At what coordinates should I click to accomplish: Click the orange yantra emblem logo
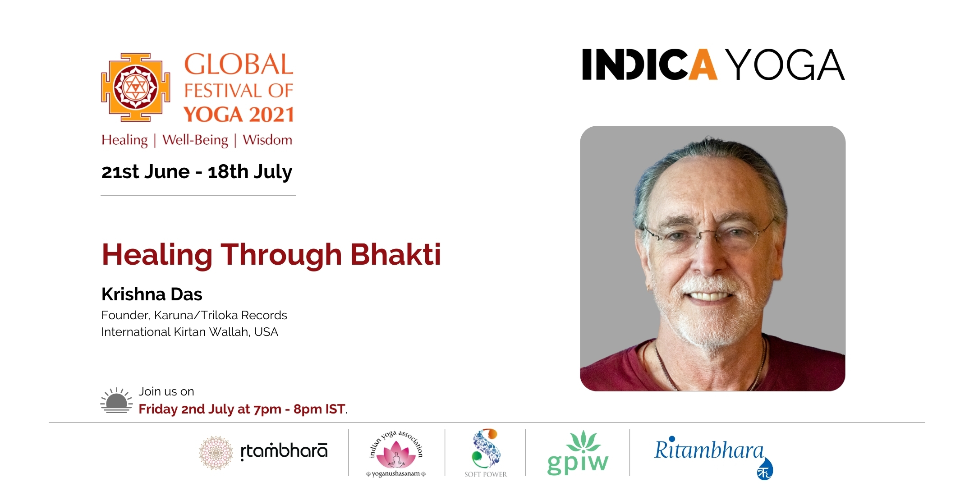(x=135, y=87)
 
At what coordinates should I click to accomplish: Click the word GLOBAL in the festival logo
(x=239, y=64)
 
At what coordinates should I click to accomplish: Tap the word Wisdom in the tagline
(x=267, y=140)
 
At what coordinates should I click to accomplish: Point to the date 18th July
(x=250, y=172)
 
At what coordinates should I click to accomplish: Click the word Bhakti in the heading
(x=395, y=254)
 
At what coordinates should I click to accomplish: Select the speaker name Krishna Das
(x=152, y=294)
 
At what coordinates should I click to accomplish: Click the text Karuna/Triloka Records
(x=221, y=315)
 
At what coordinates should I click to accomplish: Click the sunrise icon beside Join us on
(x=116, y=400)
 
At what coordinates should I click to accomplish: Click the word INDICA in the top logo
(x=649, y=64)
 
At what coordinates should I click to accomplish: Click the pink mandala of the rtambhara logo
(x=216, y=453)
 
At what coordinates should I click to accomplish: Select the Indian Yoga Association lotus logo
(x=396, y=453)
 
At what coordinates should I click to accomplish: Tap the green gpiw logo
(x=578, y=453)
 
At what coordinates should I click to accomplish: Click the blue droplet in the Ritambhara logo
(x=765, y=469)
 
